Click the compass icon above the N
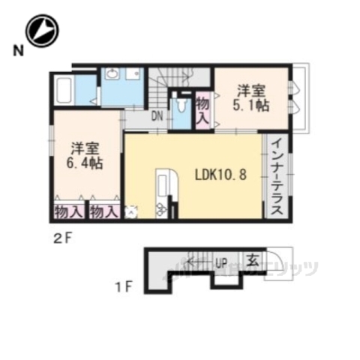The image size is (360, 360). pos(42,31)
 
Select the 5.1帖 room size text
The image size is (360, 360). pos(251,106)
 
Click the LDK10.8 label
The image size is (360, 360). pos(220,175)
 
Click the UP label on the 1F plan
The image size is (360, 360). pos(221,262)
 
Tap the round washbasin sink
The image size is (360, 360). pos(113,73)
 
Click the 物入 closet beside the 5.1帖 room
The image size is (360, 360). pos(202,109)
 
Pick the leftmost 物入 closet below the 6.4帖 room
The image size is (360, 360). pos(68,211)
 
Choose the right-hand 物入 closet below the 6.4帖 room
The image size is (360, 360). pos(104,211)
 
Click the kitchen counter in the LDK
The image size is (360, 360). pos(164,192)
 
